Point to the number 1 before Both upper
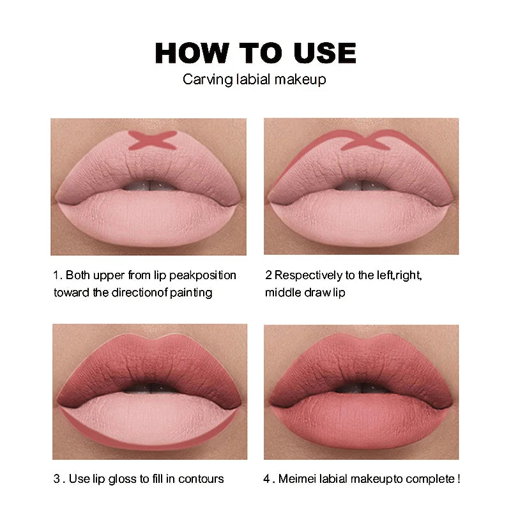(x=56, y=275)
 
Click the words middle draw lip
(x=305, y=293)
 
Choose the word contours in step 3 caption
(x=201, y=478)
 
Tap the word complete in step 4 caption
(x=429, y=478)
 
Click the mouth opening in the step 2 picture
(x=362, y=185)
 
